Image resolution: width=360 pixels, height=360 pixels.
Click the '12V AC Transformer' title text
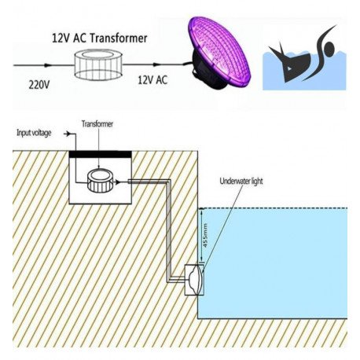pyautogui.click(x=100, y=39)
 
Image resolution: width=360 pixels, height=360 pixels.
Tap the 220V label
pyautogui.click(x=39, y=85)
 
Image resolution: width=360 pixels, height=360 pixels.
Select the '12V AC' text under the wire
pyautogui.click(x=152, y=79)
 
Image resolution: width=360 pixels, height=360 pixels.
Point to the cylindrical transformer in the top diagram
pyautogui.click(x=98, y=64)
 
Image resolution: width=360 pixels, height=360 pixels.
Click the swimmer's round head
pyautogui.click(x=329, y=48)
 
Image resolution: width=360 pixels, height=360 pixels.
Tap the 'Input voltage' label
pyautogui.click(x=34, y=133)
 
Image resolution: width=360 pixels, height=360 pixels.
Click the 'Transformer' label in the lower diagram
pyautogui.click(x=97, y=124)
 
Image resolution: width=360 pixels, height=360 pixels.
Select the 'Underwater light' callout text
pyautogui.click(x=241, y=181)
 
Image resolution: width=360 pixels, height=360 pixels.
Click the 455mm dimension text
pyautogui.click(x=205, y=235)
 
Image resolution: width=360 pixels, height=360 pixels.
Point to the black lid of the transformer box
pyautogui.click(x=100, y=154)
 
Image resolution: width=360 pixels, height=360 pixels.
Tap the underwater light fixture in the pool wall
pyautogui.click(x=195, y=280)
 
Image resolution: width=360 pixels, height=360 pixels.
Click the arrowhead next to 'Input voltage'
pyautogui.click(x=68, y=134)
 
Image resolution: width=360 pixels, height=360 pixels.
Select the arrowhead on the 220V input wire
pyautogui.click(x=46, y=65)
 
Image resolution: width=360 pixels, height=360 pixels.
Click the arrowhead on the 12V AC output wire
pyautogui.click(x=156, y=64)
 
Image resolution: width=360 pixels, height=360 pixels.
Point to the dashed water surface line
pyautogui.click(x=273, y=208)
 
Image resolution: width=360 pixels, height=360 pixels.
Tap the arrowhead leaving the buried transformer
pyautogui.click(x=117, y=182)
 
